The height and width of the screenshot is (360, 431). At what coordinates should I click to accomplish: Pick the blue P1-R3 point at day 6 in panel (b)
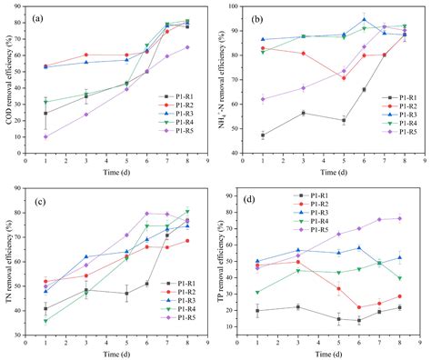[x=364, y=19]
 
